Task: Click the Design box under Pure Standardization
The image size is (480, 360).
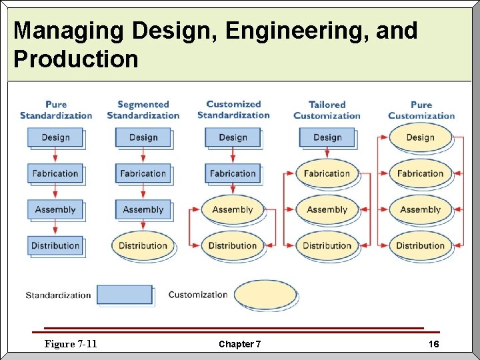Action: [55, 137]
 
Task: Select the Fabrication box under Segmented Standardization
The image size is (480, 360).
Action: [143, 173]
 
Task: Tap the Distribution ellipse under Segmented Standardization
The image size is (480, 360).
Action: [143, 245]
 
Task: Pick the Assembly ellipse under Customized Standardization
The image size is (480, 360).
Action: [232, 209]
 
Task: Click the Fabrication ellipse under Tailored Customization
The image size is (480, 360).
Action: [327, 173]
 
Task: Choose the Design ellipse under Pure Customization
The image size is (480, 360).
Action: [420, 137]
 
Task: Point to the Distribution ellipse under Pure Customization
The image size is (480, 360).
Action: [420, 245]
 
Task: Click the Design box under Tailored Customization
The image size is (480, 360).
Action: [327, 137]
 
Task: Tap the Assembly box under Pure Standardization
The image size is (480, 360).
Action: [55, 209]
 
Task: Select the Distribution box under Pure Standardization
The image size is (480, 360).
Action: [55, 245]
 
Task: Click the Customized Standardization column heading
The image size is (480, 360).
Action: [233, 109]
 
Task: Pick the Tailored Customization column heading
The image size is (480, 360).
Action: [327, 110]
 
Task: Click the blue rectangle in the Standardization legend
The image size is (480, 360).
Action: [125, 295]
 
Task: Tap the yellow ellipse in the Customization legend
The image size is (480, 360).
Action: [265, 295]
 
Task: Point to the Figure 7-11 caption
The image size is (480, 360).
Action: [71, 344]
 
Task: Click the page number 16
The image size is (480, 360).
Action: [433, 344]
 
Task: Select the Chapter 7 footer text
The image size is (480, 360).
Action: [240, 344]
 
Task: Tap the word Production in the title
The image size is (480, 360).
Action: [75, 59]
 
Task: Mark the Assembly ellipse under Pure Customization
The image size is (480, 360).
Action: [420, 209]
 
